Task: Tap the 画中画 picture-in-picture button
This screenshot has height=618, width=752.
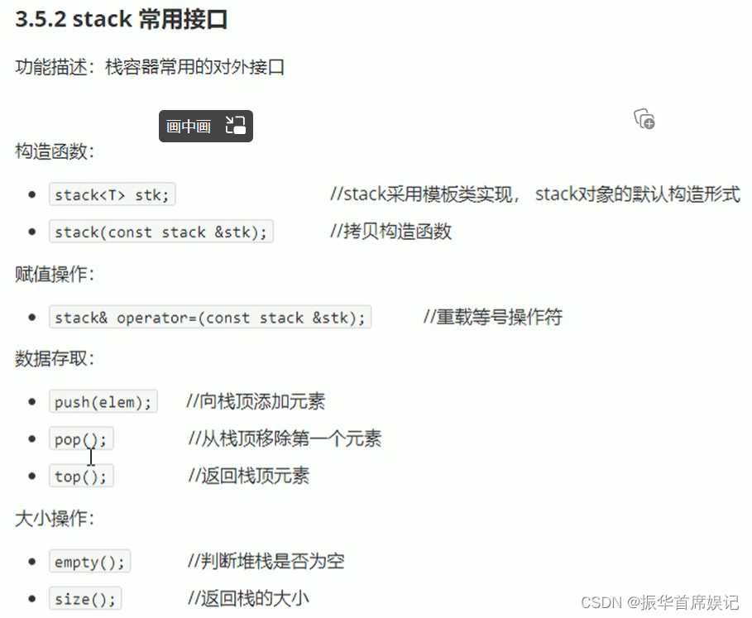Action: (205, 126)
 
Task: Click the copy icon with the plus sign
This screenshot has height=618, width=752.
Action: (644, 119)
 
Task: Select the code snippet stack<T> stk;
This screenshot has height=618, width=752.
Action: (112, 195)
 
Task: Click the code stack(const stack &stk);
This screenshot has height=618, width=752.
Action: (161, 232)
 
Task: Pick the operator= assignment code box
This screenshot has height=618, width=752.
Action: (210, 318)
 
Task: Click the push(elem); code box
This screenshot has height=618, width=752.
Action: (103, 402)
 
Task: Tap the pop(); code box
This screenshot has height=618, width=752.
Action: (80, 439)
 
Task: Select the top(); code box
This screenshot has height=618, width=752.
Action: (80, 477)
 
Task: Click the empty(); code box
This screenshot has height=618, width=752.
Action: (89, 563)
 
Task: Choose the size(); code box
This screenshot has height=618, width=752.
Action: (84, 599)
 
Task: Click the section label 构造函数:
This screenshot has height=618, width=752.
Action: (55, 151)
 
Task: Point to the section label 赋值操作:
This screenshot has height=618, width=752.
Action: (55, 274)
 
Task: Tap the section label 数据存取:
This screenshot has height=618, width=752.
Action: (55, 359)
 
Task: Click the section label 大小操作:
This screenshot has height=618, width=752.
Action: (55, 520)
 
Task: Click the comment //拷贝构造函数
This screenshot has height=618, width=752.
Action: (390, 232)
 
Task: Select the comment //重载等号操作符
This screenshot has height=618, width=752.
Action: (492, 317)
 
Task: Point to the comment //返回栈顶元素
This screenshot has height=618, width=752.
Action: (248, 476)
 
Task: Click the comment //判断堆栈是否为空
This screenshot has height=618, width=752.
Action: (266, 562)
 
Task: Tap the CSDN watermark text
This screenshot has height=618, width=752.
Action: (659, 603)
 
